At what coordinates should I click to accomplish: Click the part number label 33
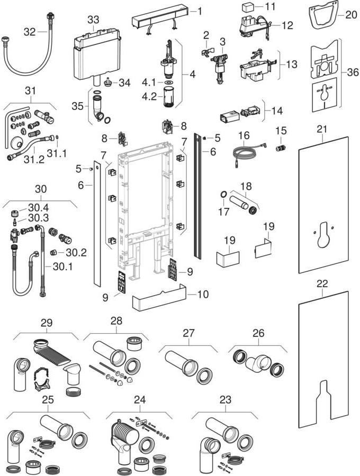[93, 19]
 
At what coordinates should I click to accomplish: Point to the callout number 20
[352, 15]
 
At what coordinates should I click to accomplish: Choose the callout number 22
[322, 283]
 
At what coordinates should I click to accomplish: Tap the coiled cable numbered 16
[245, 153]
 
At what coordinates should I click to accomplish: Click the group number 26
[258, 333]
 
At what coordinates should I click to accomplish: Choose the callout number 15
[280, 131]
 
